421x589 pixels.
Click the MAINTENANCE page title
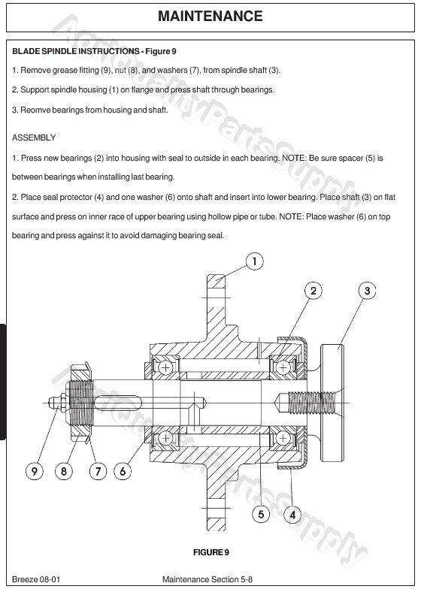click(x=210, y=17)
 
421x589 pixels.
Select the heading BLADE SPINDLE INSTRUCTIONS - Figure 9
click(x=94, y=52)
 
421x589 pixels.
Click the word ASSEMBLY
click(x=34, y=138)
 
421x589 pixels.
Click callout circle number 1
click(x=255, y=261)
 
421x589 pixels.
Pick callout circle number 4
click(x=292, y=515)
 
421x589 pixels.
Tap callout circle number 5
click(x=260, y=515)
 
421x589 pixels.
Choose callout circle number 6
click(x=123, y=472)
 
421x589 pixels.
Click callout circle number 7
click(x=98, y=472)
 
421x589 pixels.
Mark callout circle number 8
click(x=65, y=472)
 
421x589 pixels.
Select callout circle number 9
click(x=34, y=472)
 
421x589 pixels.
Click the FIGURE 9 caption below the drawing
click(x=210, y=553)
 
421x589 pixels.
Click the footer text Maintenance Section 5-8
click(x=207, y=579)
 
